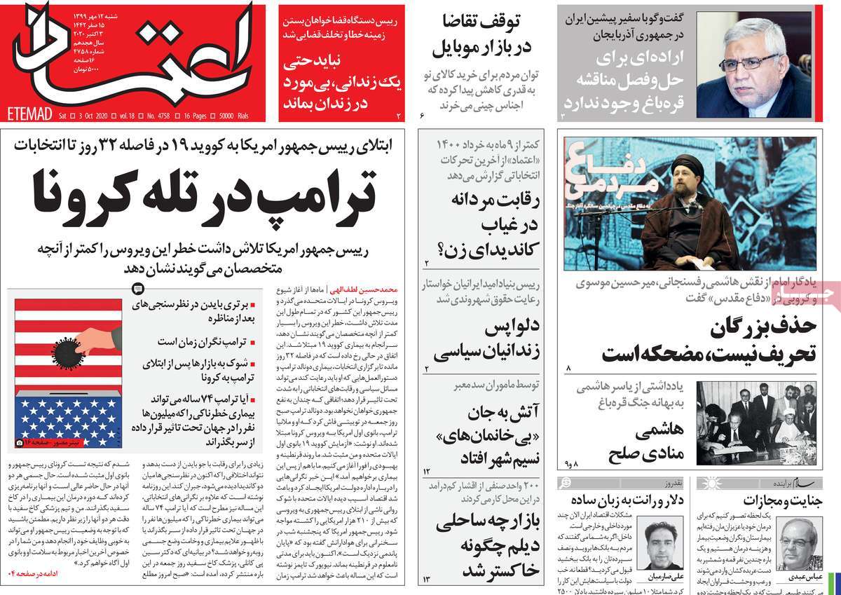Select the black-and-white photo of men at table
(x=757, y=421)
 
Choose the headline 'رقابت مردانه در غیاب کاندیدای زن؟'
(x=479, y=224)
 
